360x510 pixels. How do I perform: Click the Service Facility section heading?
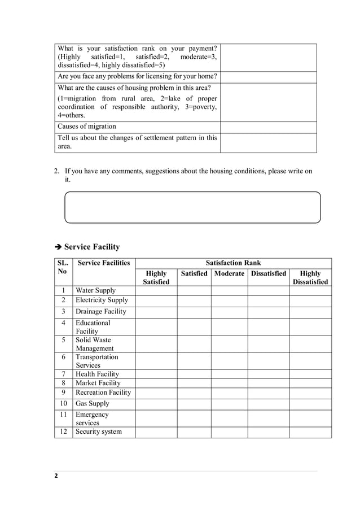[91, 247]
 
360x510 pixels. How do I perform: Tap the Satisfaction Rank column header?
[233, 263]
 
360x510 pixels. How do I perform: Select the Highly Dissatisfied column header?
[310, 277]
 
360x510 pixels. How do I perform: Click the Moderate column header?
[229, 273]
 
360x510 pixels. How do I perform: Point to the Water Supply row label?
[95, 290]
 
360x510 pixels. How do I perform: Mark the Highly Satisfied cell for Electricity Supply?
[156, 300]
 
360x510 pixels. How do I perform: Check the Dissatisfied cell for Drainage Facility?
[268, 312]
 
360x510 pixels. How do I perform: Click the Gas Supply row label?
[93, 404]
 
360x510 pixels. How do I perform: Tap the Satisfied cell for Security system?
[194, 432]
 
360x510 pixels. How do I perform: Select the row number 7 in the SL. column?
[64, 374]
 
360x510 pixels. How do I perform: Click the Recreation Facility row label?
[103, 393]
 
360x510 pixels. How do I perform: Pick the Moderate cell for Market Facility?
[229, 383]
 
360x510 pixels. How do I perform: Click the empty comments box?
[192, 207]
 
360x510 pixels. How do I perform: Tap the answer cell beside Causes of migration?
[268, 127]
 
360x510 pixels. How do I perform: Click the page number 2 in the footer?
[56, 476]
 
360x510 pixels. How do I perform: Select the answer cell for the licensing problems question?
[268, 77]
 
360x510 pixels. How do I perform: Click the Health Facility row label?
[97, 374]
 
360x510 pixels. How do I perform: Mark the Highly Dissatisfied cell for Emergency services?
[310, 419]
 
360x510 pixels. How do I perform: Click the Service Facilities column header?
[104, 263]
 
